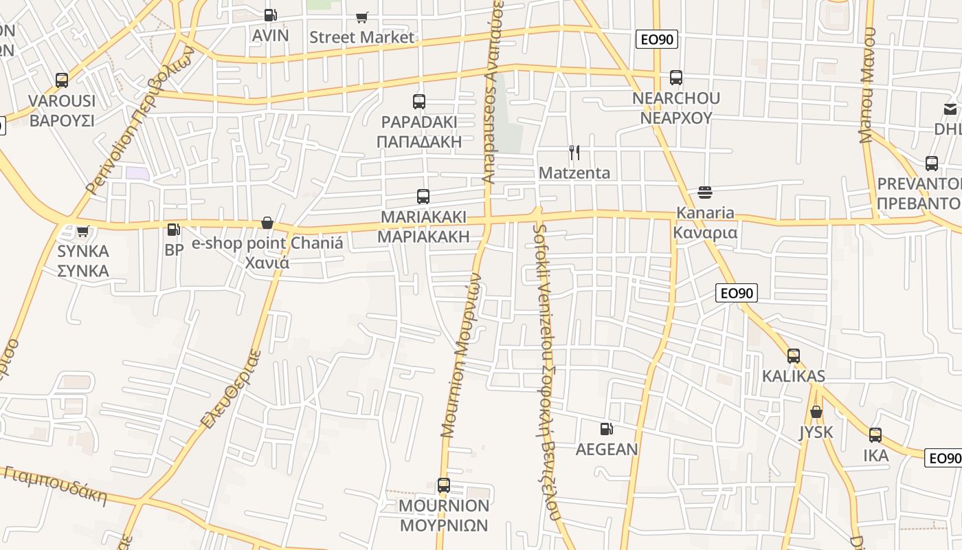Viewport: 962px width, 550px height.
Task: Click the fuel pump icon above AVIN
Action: tap(271, 15)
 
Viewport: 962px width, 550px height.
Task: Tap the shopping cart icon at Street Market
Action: tap(361, 17)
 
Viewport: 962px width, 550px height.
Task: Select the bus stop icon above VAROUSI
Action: tap(62, 80)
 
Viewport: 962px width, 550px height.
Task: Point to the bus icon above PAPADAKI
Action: tap(419, 102)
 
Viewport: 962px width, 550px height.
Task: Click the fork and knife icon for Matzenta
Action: tap(574, 153)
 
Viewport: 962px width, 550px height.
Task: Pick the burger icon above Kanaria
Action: tap(704, 192)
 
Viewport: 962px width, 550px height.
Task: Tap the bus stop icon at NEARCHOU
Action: tap(676, 78)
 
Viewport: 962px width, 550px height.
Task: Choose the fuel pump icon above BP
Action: tap(174, 230)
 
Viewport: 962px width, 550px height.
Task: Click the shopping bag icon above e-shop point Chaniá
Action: tap(267, 223)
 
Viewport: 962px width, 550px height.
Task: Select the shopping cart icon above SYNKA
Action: tap(83, 231)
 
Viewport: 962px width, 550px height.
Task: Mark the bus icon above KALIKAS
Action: tap(794, 356)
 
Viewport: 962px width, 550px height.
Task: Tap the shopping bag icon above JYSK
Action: tap(816, 412)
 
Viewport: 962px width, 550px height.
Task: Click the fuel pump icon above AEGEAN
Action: tap(607, 429)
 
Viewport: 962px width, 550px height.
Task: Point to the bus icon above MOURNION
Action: tap(444, 485)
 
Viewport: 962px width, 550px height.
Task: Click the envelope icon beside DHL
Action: tap(950, 109)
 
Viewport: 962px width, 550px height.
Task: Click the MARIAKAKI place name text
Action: tap(423, 217)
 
